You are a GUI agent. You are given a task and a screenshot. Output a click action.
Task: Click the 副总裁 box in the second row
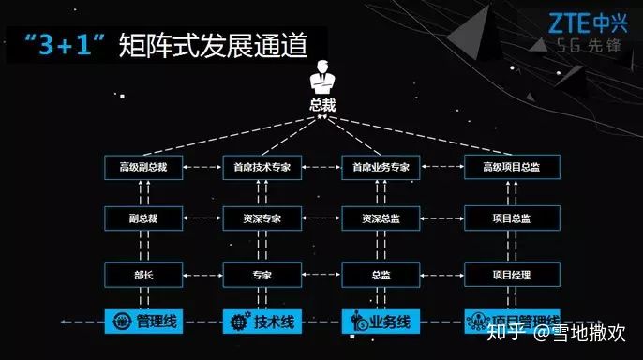(x=142, y=219)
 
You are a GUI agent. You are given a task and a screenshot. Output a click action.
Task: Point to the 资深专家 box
(x=262, y=219)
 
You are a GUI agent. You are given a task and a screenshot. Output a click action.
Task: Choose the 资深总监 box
(x=381, y=219)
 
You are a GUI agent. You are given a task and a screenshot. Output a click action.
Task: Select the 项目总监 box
(x=512, y=219)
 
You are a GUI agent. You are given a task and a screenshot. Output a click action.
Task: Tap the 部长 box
(x=142, y=275)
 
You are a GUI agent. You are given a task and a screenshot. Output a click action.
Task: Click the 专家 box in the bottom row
(x=262, y=275)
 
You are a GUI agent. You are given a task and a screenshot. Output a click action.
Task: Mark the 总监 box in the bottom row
(x=381, y=275)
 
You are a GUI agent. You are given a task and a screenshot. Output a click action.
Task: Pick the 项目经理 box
(x=512, y=275)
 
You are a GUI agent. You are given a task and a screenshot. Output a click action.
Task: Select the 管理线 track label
(x=156, y=322)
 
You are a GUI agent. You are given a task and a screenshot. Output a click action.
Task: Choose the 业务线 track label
(x=391, y=322)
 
